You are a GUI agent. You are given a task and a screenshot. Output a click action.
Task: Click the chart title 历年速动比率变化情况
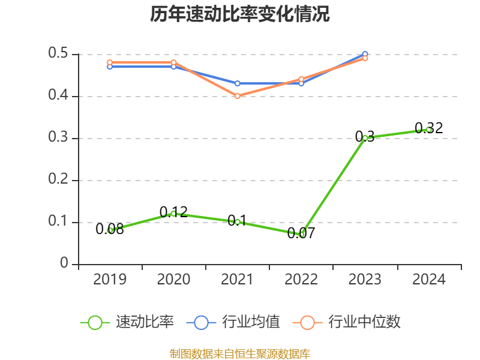(240, 14)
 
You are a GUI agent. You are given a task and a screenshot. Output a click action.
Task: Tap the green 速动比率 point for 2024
(428, 130)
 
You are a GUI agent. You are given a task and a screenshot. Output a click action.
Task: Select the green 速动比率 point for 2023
(365, 138)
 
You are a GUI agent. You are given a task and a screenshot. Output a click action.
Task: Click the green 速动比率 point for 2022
(301, 235)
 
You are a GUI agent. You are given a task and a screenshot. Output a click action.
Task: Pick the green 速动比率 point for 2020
(173, 214)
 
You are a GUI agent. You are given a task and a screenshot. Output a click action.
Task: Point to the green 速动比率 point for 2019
(110, 230)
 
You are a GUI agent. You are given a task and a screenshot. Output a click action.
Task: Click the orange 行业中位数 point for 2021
(238, 96)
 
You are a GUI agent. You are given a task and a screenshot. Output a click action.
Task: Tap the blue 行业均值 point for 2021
(238, 83)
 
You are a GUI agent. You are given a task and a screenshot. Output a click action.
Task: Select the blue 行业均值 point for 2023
(365, 55)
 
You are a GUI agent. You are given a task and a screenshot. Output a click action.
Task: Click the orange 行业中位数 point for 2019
(110, 62)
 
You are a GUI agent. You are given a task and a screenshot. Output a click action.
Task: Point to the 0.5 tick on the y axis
(59, 54)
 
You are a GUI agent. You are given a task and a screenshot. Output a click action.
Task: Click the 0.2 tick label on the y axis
(59, 180)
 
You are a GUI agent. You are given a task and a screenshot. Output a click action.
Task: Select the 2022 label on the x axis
(301, 280)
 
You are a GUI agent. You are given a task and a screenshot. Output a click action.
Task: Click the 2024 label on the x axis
(428, 280)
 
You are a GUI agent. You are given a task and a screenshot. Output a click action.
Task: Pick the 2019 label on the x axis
(110, 280)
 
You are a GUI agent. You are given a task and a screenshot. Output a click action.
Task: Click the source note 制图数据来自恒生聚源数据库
(240, 354)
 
